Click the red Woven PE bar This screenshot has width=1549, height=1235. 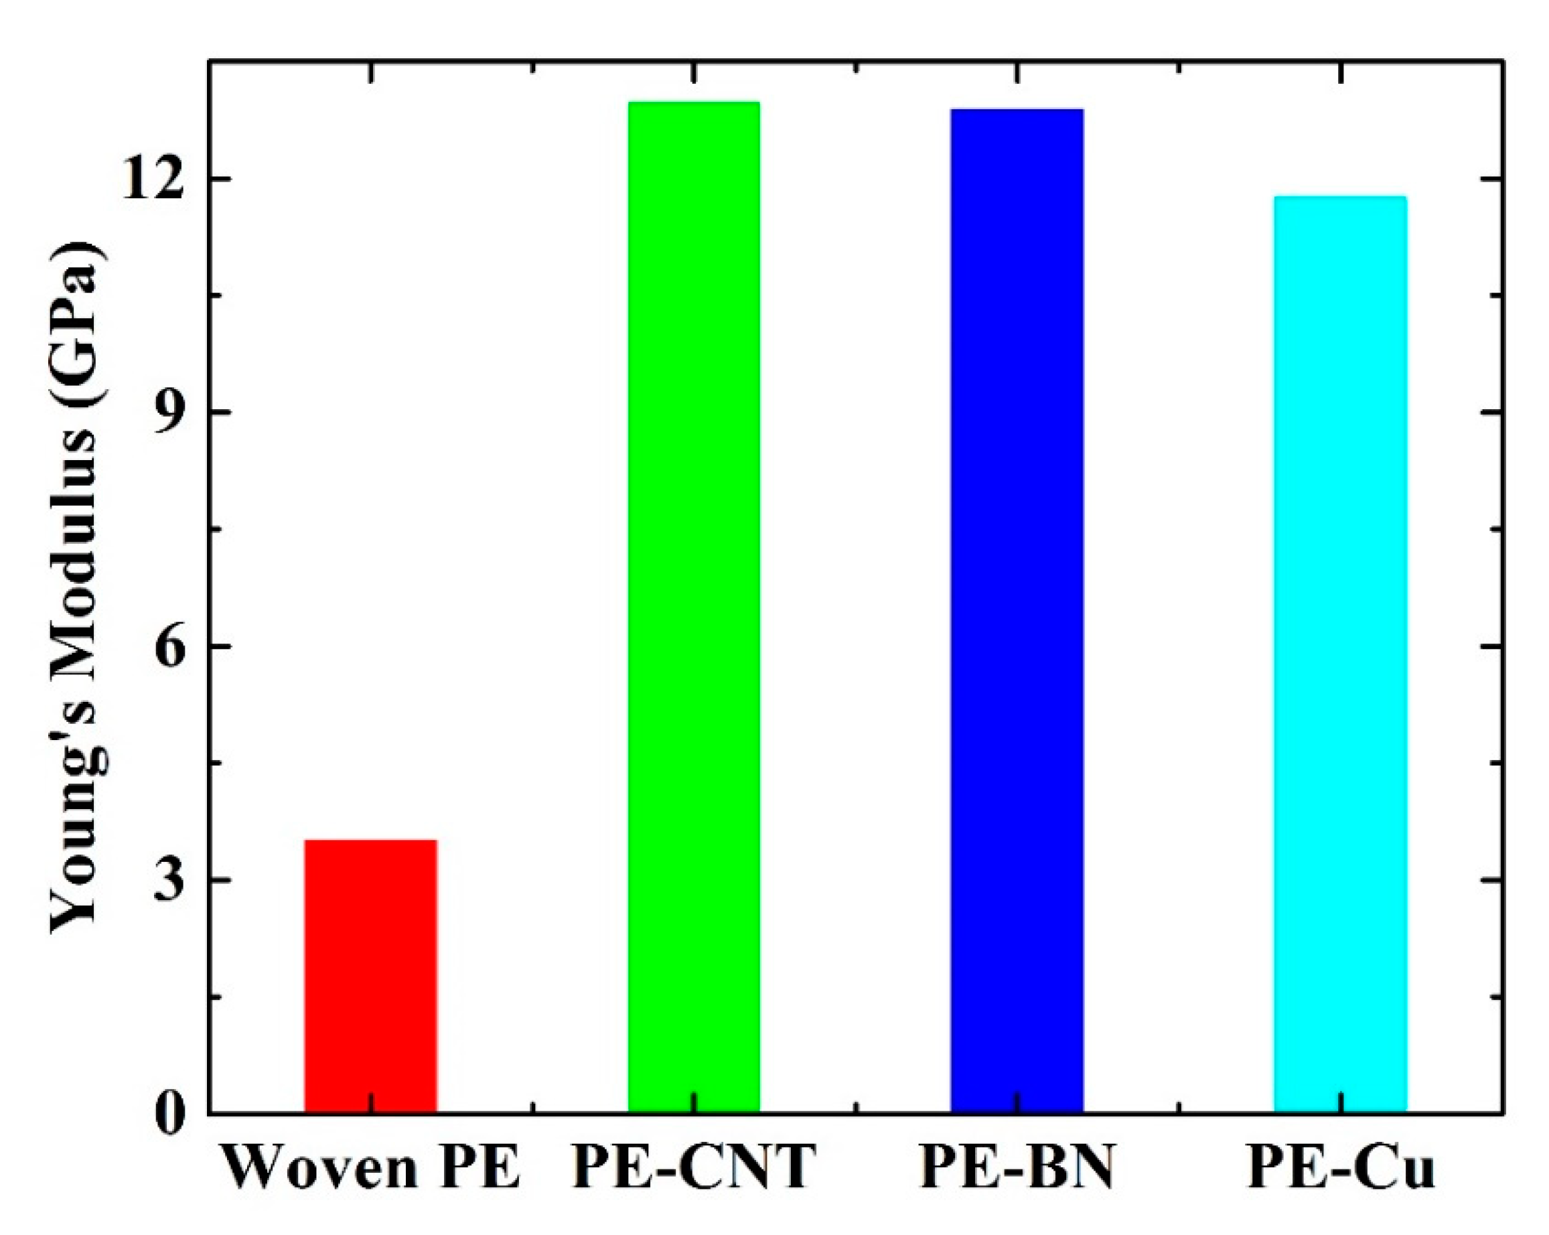click(371, 977)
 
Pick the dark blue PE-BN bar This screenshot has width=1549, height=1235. click(1017, 611)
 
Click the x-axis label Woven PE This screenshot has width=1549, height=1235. click(371, 1168)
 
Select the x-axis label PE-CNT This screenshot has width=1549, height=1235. click(693, 1168)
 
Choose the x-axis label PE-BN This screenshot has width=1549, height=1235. click(1017, 1168)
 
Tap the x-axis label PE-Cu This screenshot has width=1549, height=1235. click(1340, 1168)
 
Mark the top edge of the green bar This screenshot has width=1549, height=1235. click(693, 102)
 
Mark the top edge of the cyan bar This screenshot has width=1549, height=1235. click(1340, 197)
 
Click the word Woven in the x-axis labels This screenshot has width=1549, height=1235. click(320, 1168)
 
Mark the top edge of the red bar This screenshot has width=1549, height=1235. click(371, 841)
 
